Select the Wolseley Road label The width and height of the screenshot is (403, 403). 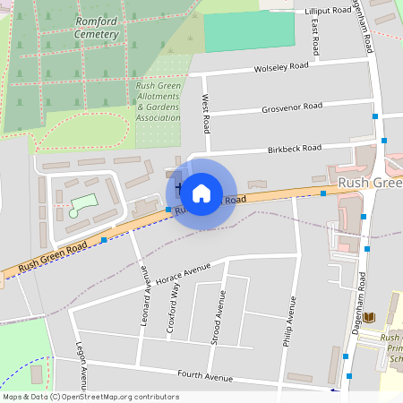tap(281, 66)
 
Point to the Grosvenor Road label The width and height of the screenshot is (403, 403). tap(292, 107)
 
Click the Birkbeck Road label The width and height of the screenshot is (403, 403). tap(294, 148)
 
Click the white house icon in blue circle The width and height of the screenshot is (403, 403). tap(201, 192)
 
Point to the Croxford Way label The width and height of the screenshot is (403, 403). tap(172, 308)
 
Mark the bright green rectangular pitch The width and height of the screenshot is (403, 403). tap(249, 31)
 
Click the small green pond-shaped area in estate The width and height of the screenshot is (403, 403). tap(81, 204)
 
